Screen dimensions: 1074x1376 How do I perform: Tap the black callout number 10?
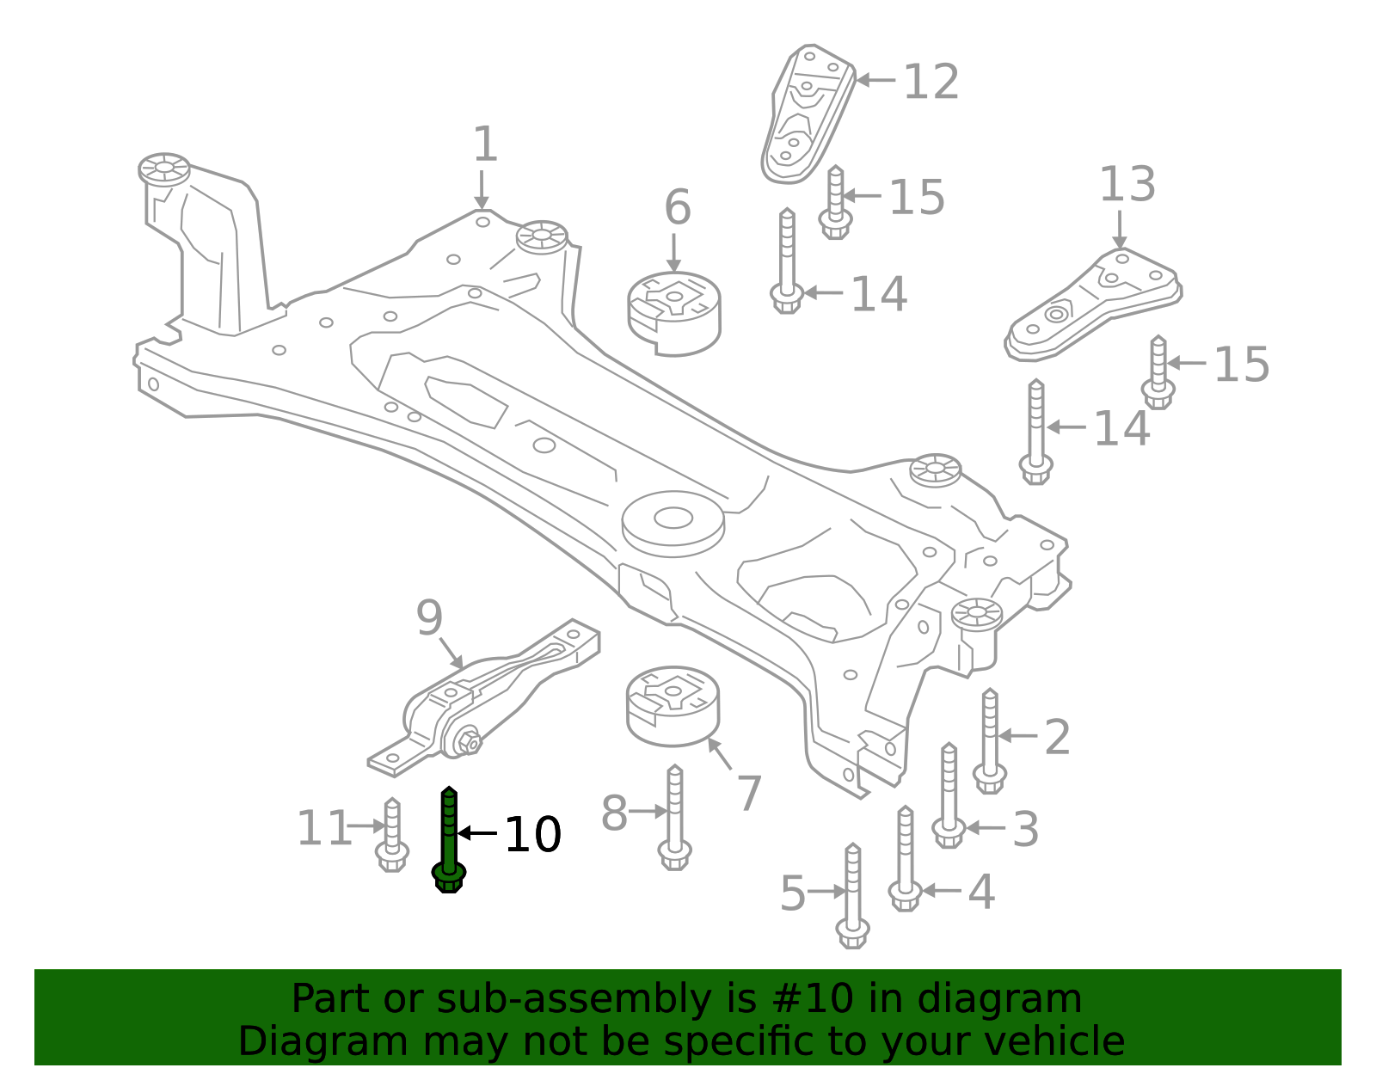[532, 835]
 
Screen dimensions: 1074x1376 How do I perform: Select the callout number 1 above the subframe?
[485, 144]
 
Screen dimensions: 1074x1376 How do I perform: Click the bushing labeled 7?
[673, 706]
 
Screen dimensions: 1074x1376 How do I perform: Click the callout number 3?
[1025, 830]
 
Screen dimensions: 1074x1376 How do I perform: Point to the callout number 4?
[981, 892]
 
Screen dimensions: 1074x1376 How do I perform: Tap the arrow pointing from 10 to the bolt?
[478, 832]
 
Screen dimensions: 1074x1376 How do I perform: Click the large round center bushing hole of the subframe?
[673, 518]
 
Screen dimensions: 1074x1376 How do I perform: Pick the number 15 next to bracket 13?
[1241, 365]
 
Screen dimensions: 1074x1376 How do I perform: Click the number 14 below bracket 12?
[878, 295]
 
